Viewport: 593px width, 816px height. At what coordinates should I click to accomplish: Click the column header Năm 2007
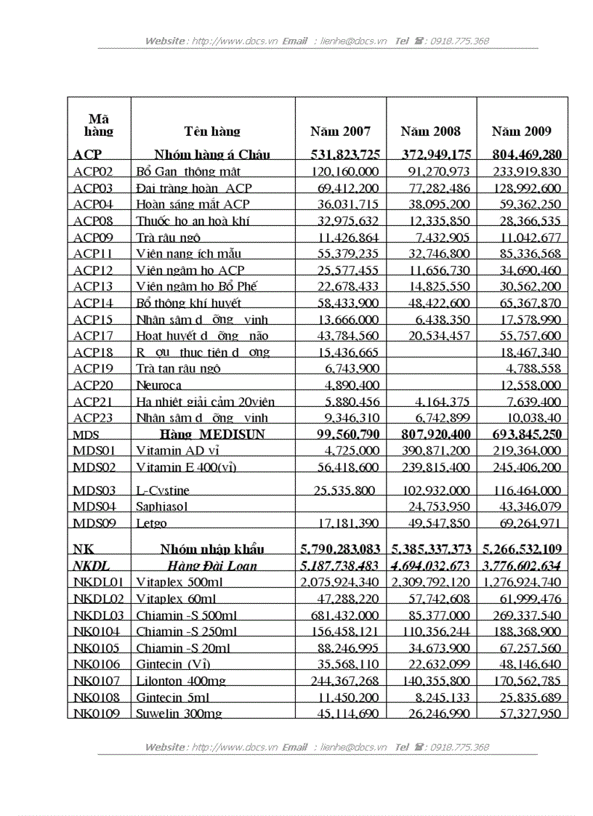(x=340, y=132)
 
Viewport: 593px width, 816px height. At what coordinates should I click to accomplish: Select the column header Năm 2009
(x=521, y=132)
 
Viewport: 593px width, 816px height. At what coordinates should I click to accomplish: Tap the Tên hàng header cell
(x=212, y=132)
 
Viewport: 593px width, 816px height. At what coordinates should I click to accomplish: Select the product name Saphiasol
(x=162, y=506)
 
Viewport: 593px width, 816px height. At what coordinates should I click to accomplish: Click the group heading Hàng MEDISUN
(x=213, y=435)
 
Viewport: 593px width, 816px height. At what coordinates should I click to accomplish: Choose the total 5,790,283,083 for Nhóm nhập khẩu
(x=341, y=549)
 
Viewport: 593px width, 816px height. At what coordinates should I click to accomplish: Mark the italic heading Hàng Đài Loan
(x=211, y=566)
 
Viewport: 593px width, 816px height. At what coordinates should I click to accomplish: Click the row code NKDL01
(x=98, y=582)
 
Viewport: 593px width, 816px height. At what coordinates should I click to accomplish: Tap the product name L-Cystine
(x=164, y=490)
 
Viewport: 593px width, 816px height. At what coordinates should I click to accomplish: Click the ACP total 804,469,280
(x=522, y=154)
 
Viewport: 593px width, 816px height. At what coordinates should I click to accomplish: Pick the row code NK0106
(x=97, y=664)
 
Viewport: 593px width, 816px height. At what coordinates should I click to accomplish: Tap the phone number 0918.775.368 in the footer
(x=459, y=747)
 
